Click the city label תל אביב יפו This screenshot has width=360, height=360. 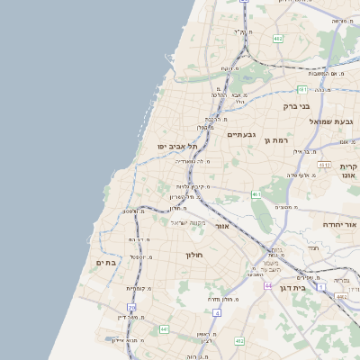[164, 146]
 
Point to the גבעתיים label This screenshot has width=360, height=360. [241, 134]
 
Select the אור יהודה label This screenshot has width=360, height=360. [340, 224]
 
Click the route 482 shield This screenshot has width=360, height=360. [278, 39]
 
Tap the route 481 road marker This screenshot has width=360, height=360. [302, 90]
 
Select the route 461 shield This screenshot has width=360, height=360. [256, 193]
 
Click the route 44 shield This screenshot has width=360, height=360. [268, 284]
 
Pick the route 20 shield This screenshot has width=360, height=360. [130, 308]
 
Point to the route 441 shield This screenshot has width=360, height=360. [164, 329]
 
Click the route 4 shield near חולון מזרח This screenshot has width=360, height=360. [217, 312]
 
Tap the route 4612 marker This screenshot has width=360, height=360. [325, 165]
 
